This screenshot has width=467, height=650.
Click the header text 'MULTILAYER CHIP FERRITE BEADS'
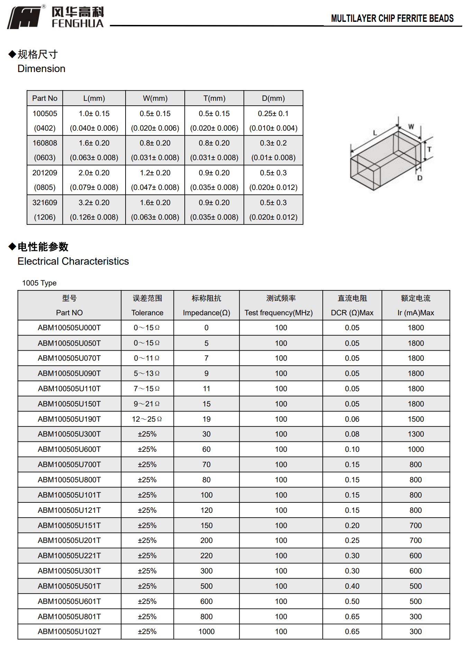(x=392, y=18)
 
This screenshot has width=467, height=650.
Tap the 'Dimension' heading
(x=41, y=69)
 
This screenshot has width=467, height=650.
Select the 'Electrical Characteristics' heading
(x=73, y=261)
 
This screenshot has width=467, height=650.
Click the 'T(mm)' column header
(x=214, y=98)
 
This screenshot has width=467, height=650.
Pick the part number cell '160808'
(x=45, y=143)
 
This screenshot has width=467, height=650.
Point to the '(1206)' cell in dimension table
(x=45, y=217)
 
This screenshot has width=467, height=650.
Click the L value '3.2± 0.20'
(x=94, y=203)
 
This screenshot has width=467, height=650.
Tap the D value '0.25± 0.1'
(x=273, y=114)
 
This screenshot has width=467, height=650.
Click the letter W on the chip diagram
(x=411, y=127)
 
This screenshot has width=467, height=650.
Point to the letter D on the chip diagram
(x=420, y=178)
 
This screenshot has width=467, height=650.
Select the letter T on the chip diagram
(x=429, y=150)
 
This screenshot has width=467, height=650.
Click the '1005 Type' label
(x=39, y=283)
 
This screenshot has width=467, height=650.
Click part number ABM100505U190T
(x=69, y=419)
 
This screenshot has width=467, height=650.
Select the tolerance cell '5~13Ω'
(x=147, y=374)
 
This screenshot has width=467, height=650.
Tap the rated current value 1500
(x=415, y=419)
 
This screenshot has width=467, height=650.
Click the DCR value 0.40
(x=352, y=586)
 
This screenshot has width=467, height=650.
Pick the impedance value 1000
(x=206, y=632)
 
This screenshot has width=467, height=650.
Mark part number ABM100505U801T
(x=69, y=617)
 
